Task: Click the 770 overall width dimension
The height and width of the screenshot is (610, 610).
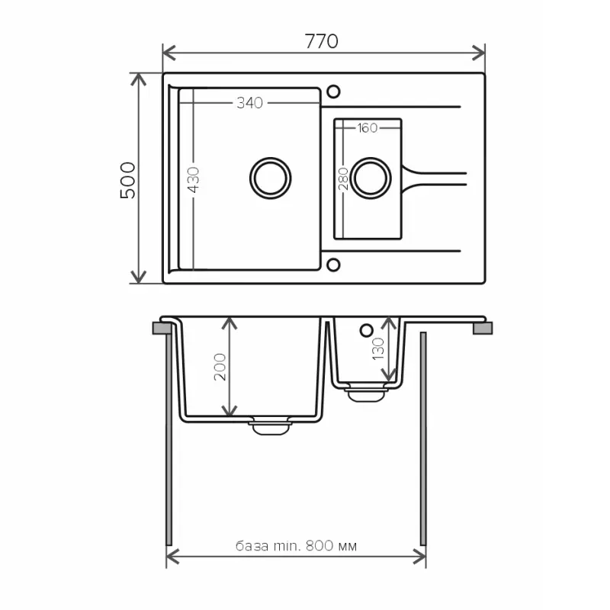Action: tap(321, 41)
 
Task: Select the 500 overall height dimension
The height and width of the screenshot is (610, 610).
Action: tap(128, 181)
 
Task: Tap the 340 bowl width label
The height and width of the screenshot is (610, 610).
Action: tap(250, 103)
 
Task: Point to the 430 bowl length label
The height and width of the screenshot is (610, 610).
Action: tap(194, 180)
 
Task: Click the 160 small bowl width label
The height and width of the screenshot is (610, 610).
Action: tap(368, 128)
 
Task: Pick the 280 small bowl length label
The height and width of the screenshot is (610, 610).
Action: tap(343, 179)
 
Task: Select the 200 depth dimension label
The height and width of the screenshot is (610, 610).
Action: tap(220, 367)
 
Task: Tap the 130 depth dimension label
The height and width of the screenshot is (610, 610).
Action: tap(378, 348)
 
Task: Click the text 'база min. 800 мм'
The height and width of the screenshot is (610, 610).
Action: tap(296, 546)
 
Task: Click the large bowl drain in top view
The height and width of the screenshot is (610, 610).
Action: tap(271, 178)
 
